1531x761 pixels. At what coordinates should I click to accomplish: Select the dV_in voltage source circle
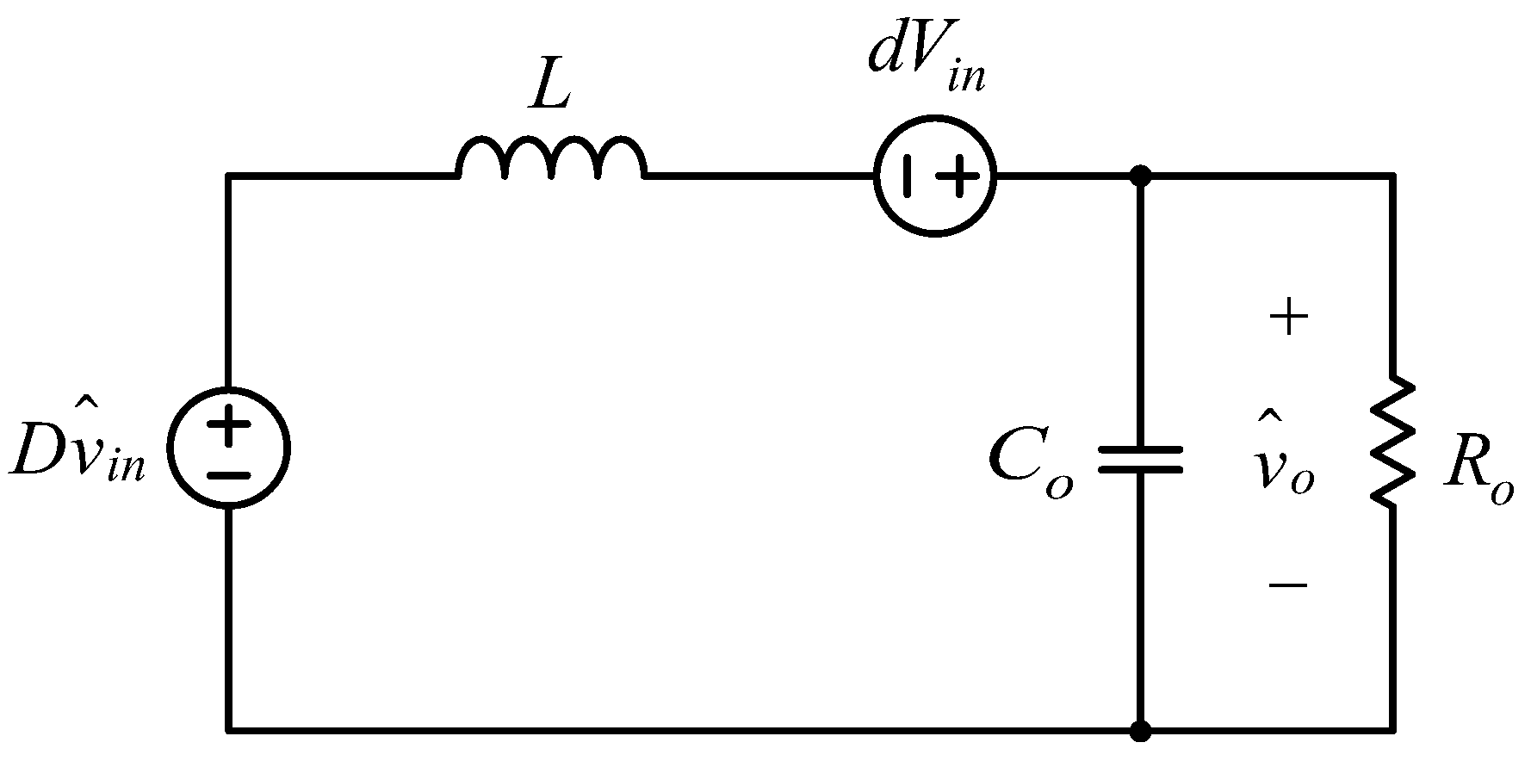934,175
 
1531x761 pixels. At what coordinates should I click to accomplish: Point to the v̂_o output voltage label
1284,465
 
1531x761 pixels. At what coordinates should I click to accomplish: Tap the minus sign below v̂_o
1288,585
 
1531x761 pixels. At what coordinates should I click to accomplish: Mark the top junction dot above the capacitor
1140,176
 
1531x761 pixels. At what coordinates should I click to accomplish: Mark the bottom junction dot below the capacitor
1140,731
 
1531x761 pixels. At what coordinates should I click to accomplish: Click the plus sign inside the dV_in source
957,176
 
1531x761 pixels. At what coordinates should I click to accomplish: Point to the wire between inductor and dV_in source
758,176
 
